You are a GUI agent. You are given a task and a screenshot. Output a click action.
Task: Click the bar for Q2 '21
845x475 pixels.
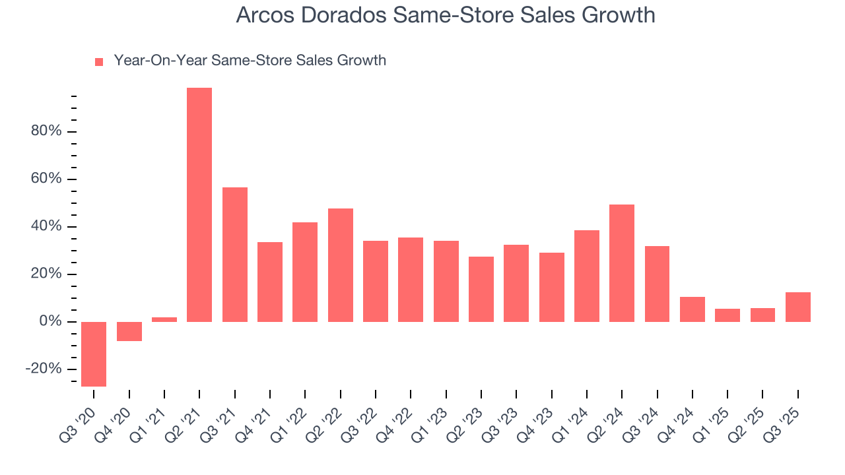pos(199,205)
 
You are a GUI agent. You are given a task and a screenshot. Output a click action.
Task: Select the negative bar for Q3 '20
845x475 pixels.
pos(94,354)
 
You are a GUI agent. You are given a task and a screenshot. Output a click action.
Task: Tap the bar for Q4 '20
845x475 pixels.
pos(129,331)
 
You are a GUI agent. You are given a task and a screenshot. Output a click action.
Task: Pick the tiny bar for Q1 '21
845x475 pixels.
pos(164,319)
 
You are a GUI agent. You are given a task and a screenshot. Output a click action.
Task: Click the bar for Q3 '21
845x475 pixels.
pos(235,255)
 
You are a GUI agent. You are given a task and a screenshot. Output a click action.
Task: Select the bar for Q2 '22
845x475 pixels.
pos(341,265)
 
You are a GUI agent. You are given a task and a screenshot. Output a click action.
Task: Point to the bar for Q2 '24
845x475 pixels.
pos(622,263)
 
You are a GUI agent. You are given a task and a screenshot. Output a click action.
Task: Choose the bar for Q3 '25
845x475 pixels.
pos(798,307)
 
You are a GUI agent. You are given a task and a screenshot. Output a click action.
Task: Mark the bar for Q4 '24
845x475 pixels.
pos(693,309)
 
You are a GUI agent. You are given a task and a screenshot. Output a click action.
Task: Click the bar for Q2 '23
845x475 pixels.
pos(481,289)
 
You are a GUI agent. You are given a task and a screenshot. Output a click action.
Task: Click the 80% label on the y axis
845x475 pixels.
pos(46,131)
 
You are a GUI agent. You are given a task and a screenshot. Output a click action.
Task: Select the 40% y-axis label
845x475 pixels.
pos(46,226)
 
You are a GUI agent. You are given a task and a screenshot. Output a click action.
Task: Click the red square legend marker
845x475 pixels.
pos(99,61)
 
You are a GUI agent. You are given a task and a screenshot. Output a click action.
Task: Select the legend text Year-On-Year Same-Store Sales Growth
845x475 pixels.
pos(250,61)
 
